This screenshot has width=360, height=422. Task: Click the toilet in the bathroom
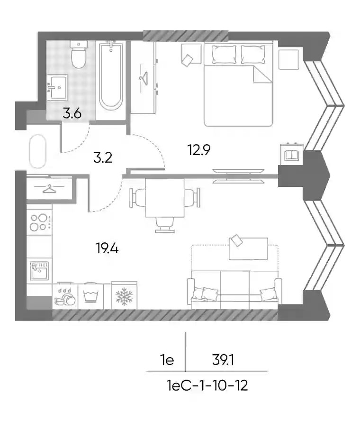tap(79, 55)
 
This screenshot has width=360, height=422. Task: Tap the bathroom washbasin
tap(57, 87)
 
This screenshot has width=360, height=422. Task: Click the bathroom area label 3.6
tap(72, 113)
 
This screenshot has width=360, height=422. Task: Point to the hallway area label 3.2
tap(103, 157)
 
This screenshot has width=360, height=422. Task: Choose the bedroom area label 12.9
tap(199, 150)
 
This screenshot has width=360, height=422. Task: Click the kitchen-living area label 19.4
tap(107, 248)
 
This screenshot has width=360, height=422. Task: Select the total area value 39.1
tap(223, 359)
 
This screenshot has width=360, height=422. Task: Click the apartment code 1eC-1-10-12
tap(207, 385)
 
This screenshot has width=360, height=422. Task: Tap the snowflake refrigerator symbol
tap(124, 296)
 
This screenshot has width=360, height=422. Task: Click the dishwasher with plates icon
tap(65, 296)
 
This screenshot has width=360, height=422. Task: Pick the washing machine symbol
tap(90, 296)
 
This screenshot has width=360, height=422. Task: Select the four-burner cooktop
tap(39, 222)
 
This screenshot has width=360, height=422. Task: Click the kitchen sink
tap(39, 270)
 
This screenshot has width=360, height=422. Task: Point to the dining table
tap(165, 198)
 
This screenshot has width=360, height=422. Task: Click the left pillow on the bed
tap(224, 55)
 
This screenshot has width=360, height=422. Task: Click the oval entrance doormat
tap(38, 151)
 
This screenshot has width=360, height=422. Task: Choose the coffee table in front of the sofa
tap(248, 249)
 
